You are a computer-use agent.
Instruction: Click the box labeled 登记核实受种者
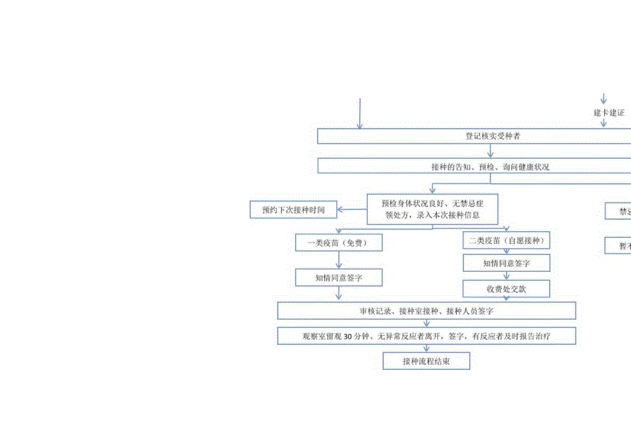click(x=473, y=136)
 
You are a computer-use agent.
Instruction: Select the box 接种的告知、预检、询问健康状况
click(x=473, y=166)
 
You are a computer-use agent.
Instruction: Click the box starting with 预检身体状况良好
click(x=431, y=209)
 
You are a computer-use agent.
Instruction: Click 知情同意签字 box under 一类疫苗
click(x=338, y=277)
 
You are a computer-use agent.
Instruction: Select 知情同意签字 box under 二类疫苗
click(x=506, y=263)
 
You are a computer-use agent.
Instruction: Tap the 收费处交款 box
click(x=506, y=288)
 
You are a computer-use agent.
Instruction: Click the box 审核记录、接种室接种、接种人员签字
click(x=426, y=311)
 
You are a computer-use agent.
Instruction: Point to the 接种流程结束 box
click(x=426, y=361)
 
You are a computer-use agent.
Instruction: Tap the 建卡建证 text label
click(x=608, y=112)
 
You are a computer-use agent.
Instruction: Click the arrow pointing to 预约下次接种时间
click(x=353, y=210)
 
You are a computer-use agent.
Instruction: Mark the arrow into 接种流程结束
click(x=426, y=349)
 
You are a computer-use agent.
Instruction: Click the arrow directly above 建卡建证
click(x=604, y=99)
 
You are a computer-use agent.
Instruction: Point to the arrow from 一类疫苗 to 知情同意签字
click(x=338, y=260)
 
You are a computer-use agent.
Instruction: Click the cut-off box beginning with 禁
click(x=618, y=211)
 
